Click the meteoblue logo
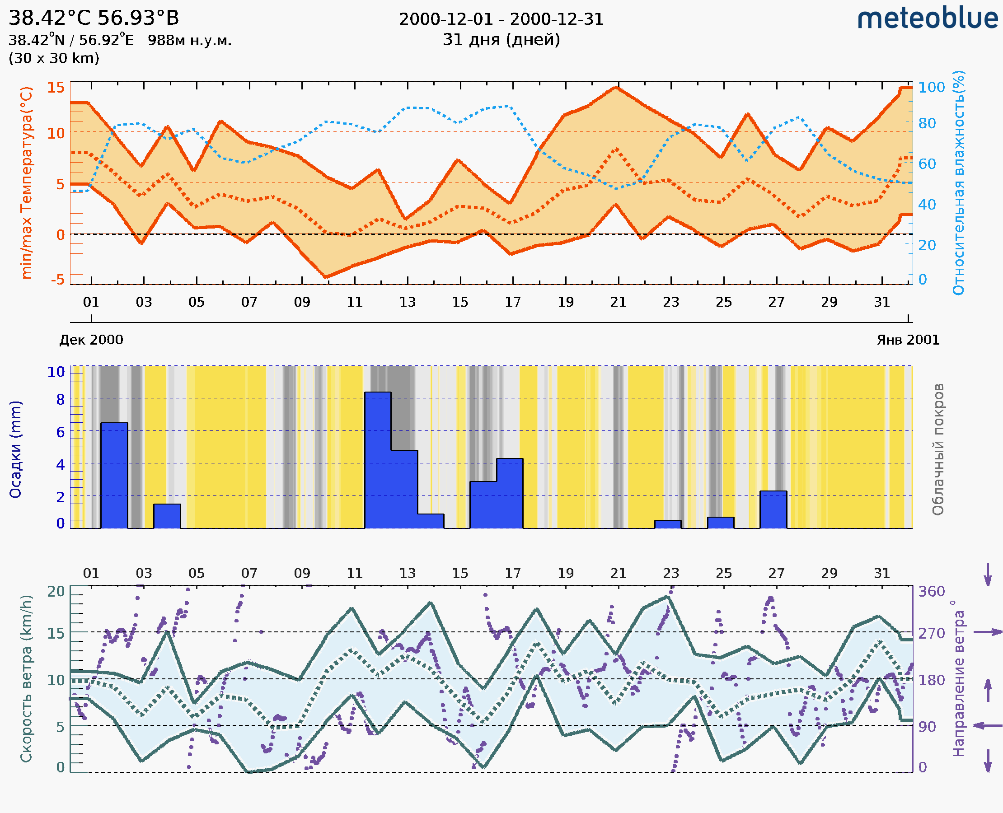[927, 19]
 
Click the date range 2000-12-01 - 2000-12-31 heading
[501, 19]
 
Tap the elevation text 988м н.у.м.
[190, 40]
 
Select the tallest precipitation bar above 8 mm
[378, 459]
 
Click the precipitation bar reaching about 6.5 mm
[114, 475]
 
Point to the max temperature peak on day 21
[617, 87]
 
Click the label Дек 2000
[91, 340]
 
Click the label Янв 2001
[908, 340]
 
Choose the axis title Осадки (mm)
[15, 449]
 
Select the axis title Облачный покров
[937, 449]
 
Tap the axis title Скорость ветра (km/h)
[26, 678]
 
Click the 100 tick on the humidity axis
[931, 87]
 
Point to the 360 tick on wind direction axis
[931, 592]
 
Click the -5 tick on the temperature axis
[58, 280]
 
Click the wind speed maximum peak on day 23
[667, 597]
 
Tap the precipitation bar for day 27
[773, 509]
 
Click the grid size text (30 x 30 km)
[54, 58]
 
